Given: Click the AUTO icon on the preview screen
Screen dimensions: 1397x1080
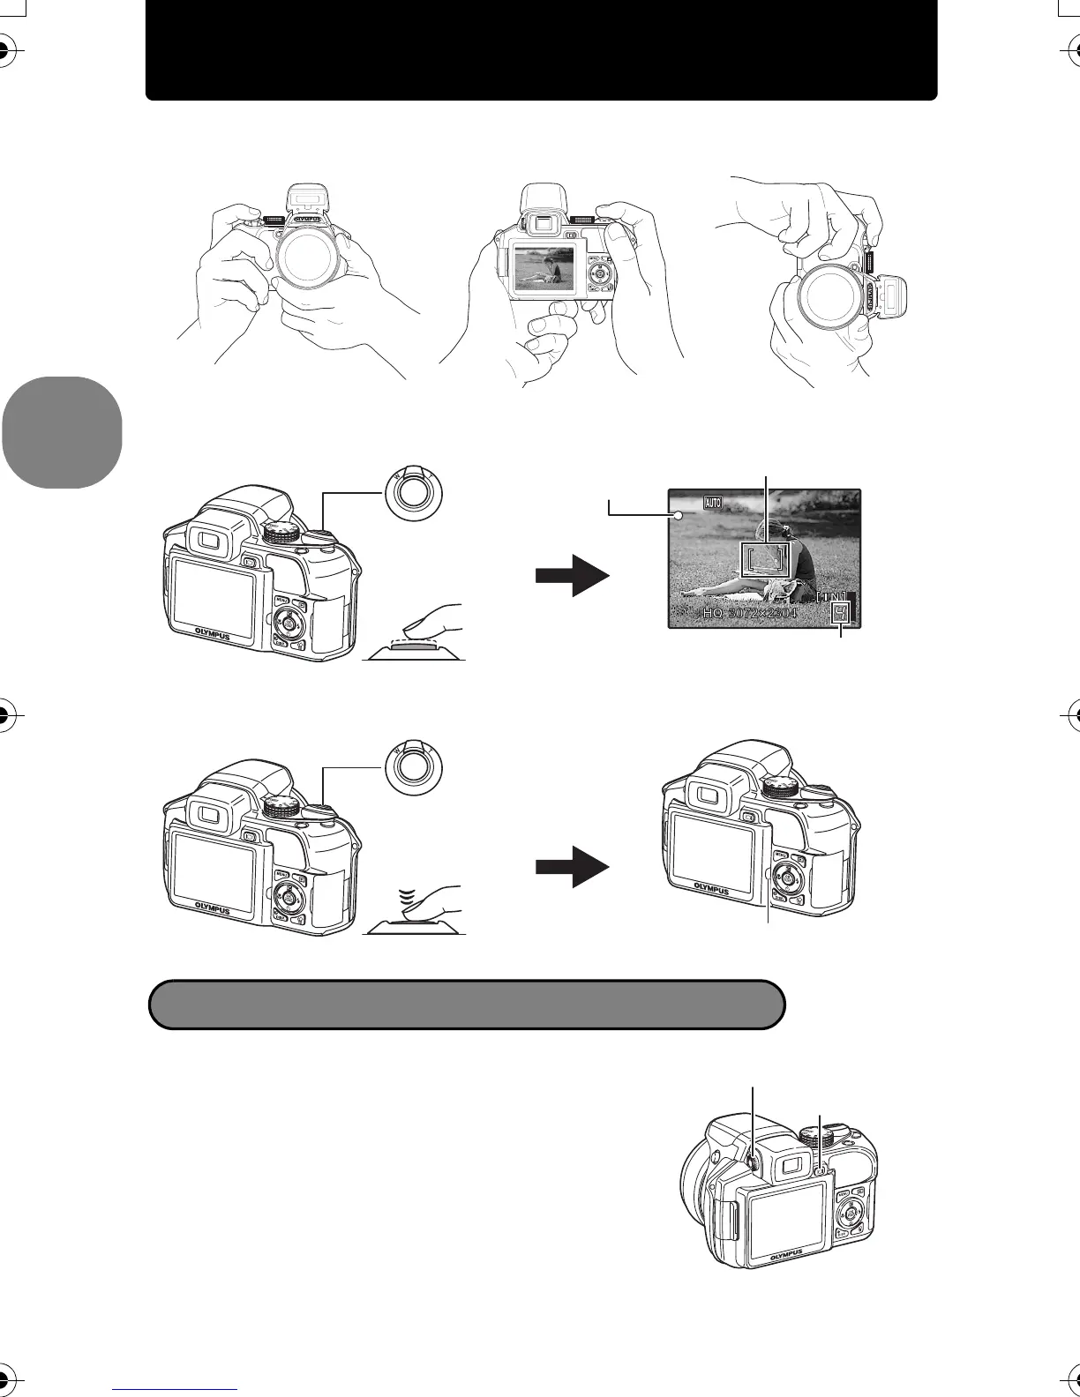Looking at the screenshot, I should point(713,503).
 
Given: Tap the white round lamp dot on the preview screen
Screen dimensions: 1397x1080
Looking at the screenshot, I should point(679,516).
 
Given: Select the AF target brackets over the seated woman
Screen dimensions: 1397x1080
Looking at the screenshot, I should point(765,559).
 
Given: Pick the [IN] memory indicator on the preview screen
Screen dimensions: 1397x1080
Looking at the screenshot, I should point(830,597).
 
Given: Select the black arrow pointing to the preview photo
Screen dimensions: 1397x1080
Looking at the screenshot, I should point(573,575).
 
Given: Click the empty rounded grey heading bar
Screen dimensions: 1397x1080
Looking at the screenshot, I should point(467,1004).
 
